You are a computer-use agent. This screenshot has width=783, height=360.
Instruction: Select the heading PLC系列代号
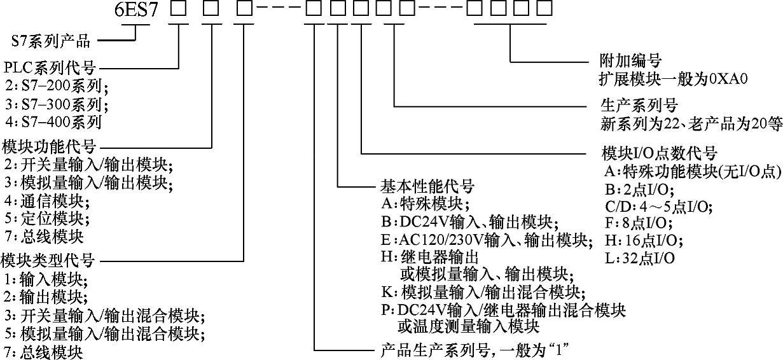pos(50,66)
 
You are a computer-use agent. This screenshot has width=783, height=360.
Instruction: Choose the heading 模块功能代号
pos(50,146)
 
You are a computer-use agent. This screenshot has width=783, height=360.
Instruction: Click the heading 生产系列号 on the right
pos(639,104)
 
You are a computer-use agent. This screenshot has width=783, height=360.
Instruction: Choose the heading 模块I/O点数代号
pos(659,153)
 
